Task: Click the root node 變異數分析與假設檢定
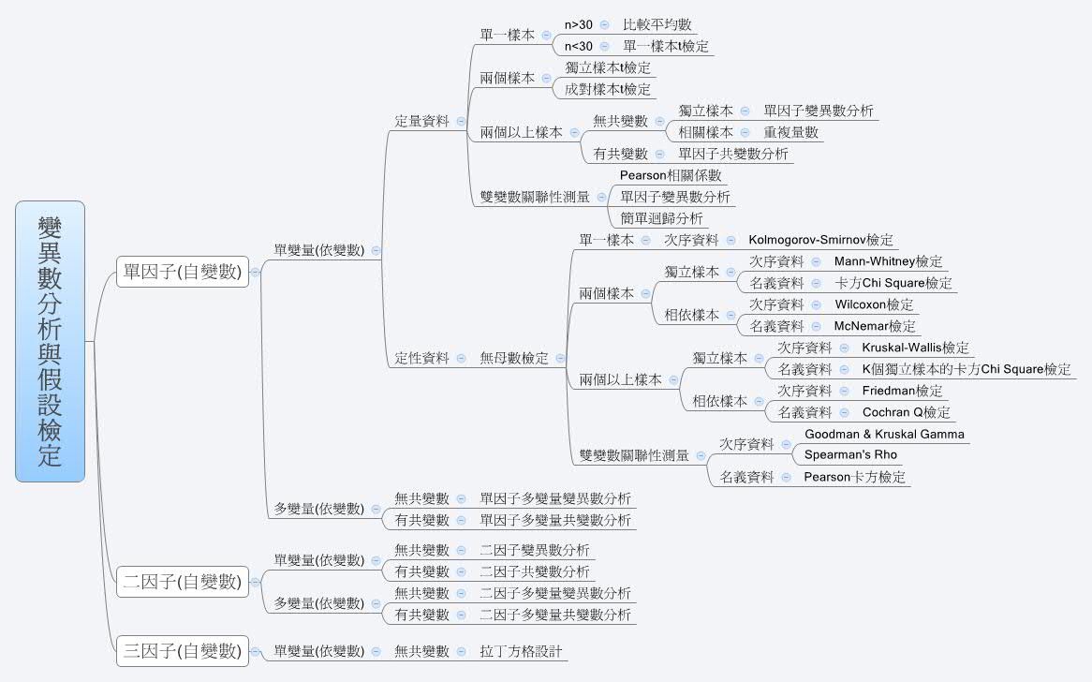[x=51, y=341]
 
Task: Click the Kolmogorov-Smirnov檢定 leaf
[x=821, y=240]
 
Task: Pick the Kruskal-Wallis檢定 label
[x=916, y=348]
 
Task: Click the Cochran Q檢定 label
[x=906, y=412]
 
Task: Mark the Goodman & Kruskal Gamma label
[x=884, y=434]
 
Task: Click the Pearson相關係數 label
[x=671, y=175]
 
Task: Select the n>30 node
[x=578, y=24]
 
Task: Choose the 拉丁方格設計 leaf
[x=521, y=650]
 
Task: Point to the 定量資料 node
[x=422, y=121]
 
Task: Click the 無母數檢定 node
[x=514, y=358]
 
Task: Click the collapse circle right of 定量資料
[x=461, y=121]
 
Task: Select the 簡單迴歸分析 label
[x=661, y=218]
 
